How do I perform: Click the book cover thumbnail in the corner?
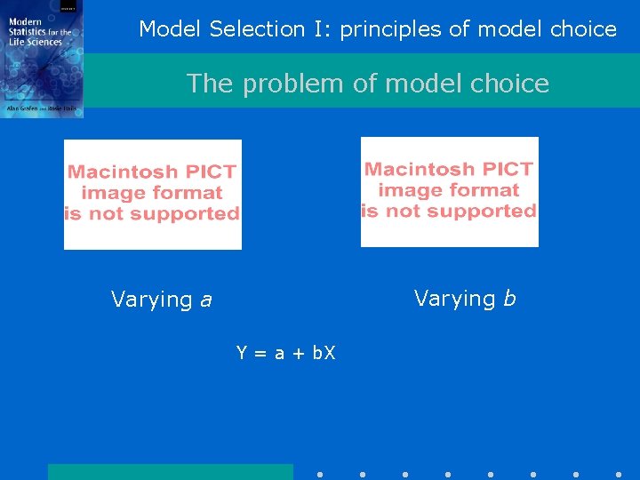42,59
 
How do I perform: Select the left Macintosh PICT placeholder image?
153,194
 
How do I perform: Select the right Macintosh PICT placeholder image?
449,191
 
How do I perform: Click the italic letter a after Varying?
206,300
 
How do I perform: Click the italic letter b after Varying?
509,299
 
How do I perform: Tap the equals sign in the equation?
260,354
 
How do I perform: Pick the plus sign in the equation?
299,354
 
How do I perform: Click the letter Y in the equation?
242,354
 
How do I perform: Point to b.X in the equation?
323,354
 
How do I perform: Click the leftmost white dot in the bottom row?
320,475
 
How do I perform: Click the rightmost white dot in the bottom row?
619,475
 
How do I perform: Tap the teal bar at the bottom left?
170,472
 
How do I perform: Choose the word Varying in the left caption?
151,300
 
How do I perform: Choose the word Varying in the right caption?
454,299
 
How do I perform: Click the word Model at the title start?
171,29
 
